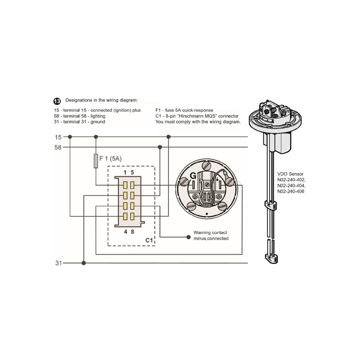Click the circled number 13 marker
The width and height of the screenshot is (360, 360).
click(x=57, y=101)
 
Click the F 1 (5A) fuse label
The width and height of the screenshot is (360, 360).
click(x=111, y=158)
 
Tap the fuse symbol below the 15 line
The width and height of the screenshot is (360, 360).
click(x=95, y=161)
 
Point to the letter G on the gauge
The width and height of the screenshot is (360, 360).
click(x=192, y=175)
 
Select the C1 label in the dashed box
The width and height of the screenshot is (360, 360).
click(x=149, y=241)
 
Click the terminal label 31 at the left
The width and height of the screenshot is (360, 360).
click(x=58, y=263)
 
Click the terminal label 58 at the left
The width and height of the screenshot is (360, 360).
click(x=58, y=147)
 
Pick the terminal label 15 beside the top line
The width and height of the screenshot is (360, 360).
click(x=58, y=137)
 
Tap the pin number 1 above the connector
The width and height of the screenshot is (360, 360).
click(x=125, y=172)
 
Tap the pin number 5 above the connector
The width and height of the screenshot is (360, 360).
click(x=132, y=172)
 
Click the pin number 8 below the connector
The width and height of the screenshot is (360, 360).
click(x=132, y=232)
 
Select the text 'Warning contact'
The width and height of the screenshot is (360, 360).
click(x=210, y=233)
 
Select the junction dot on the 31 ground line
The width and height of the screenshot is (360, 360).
click(x=84, y=263)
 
